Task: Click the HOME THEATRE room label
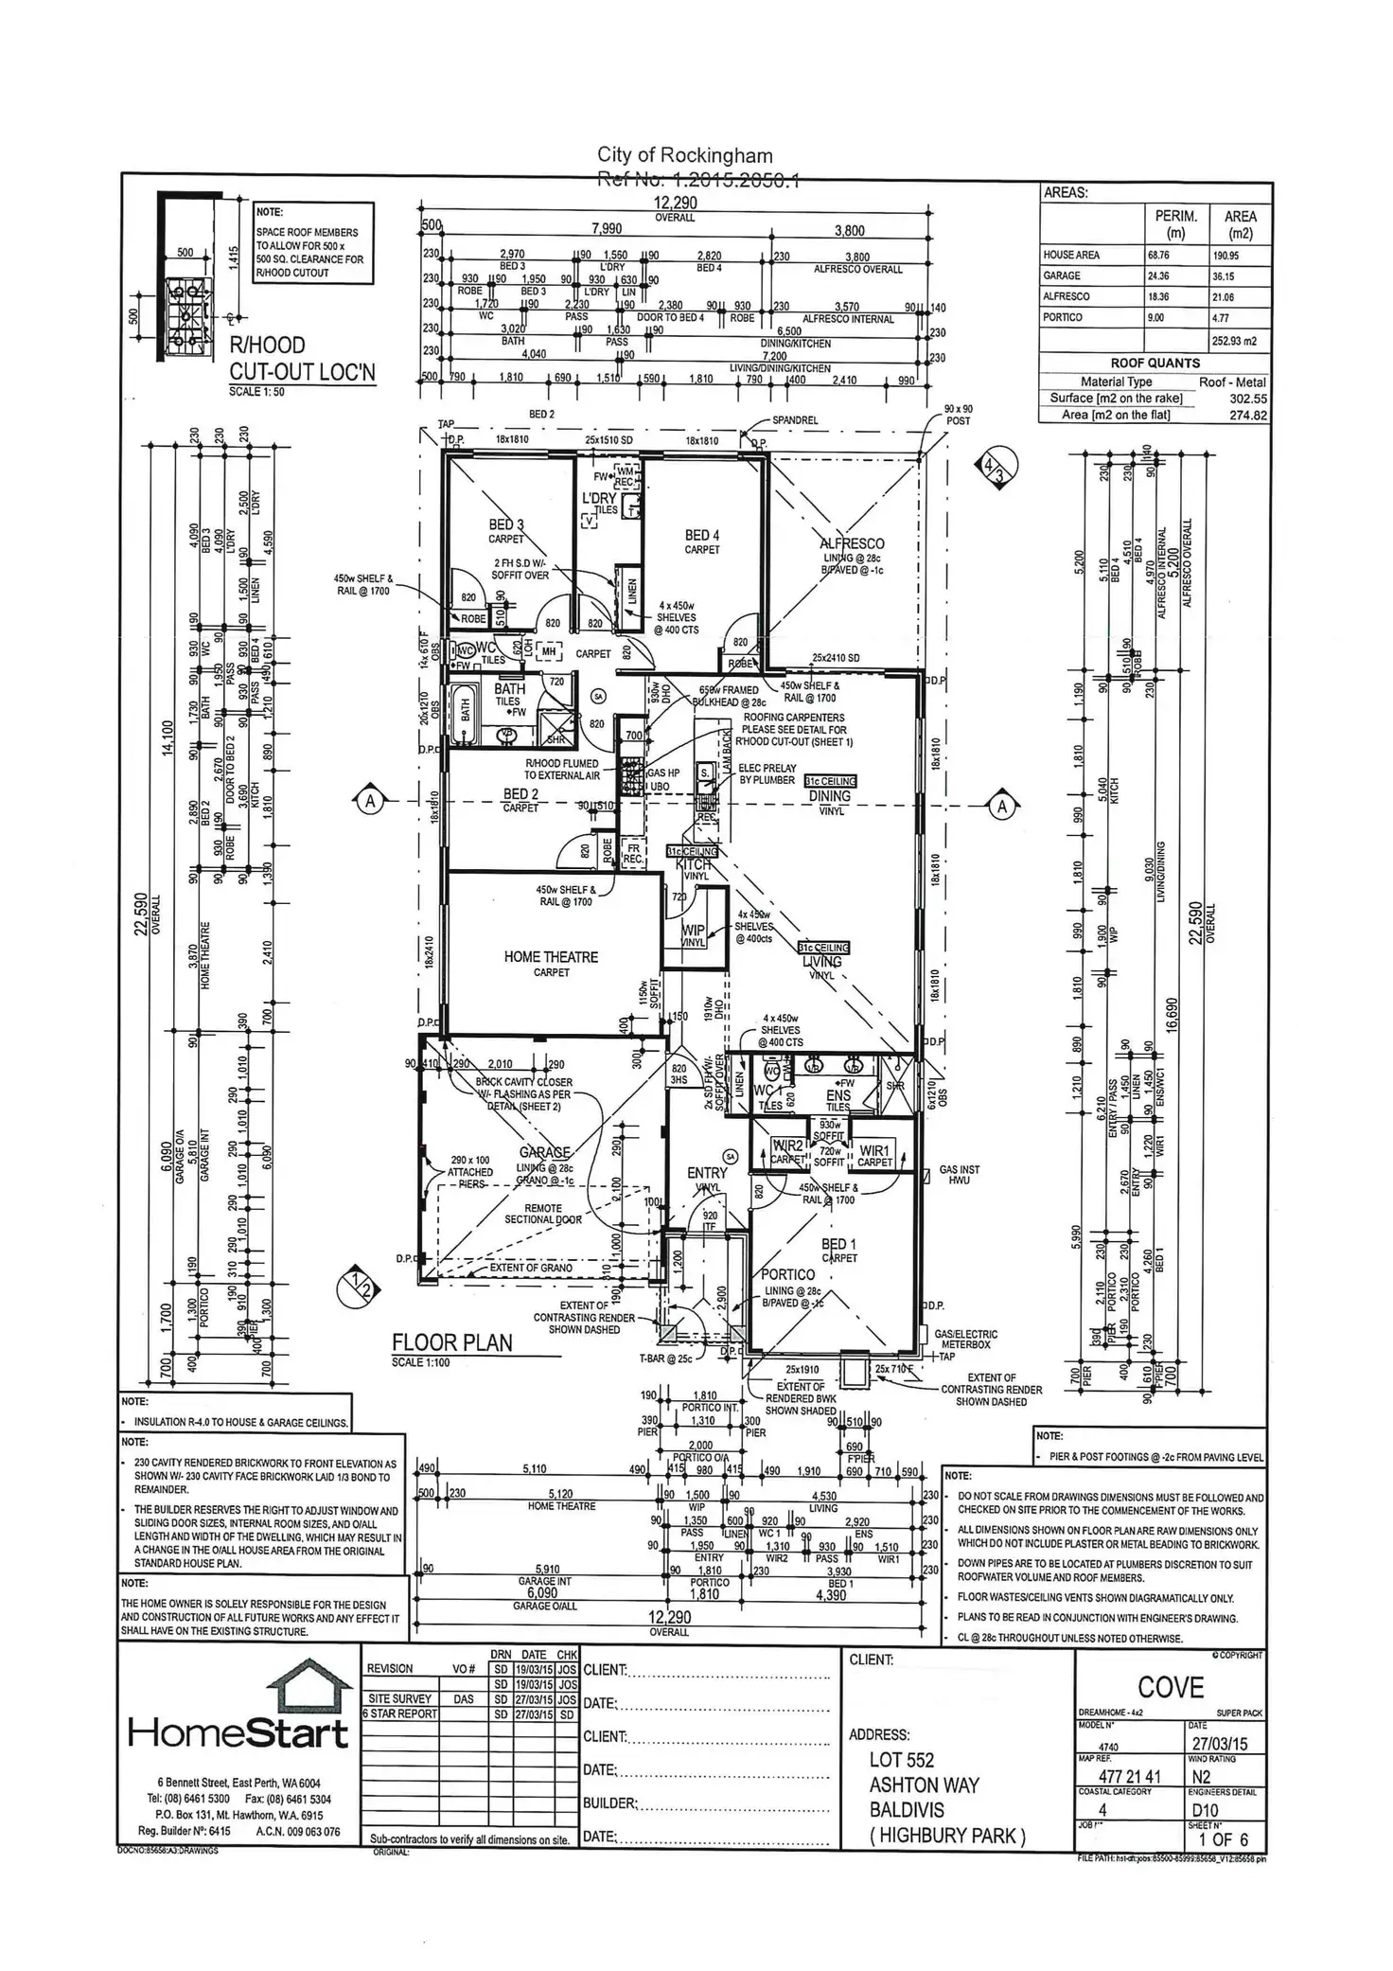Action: (551, 957)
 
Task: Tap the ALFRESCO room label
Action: (852, 543)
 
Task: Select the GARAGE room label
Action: (544, 1152)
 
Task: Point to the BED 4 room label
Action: (702, 536)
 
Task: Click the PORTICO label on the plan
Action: (787, 1275)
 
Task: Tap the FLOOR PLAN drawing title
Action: (451, 1342)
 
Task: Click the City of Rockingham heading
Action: (684, 155)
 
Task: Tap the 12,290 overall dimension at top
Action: (675, 203)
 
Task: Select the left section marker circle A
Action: (371, 802)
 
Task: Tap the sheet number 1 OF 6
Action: (1224, 1839)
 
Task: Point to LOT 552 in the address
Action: (902, 1760)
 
